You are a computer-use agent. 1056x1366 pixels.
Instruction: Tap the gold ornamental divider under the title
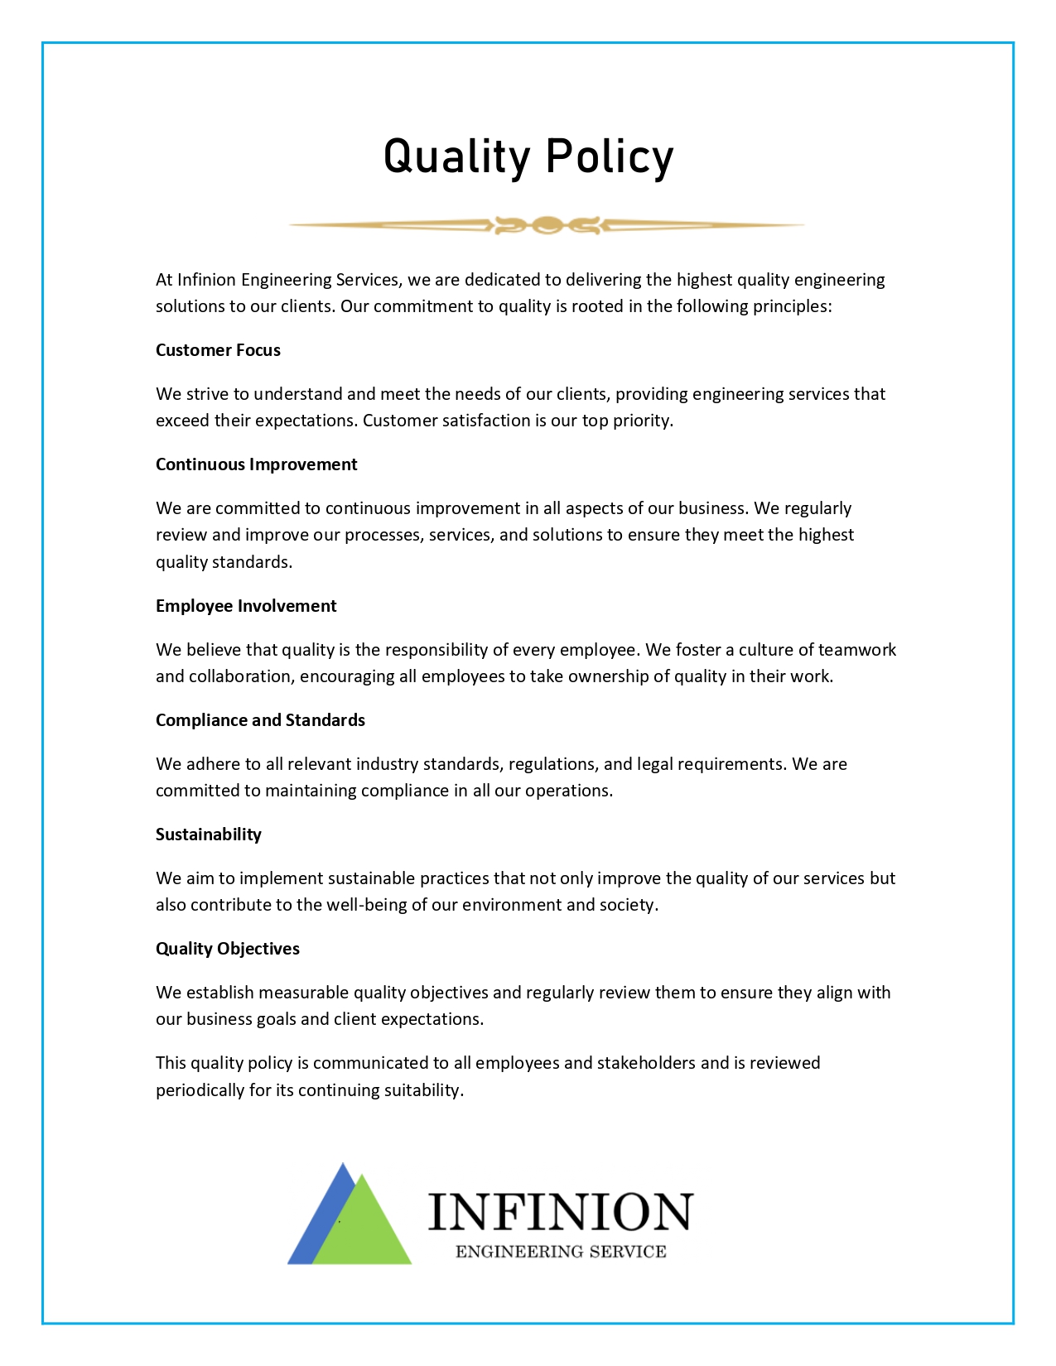pos(547,224)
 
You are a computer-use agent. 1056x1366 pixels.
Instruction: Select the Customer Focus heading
pos(218,350)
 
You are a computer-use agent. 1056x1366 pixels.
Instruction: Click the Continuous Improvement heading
pos(256,464)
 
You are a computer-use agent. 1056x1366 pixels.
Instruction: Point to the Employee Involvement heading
pos(246,606)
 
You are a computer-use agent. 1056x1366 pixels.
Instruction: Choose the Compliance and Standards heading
pos(260,720)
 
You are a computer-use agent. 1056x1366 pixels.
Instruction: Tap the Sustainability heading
pos(209,835)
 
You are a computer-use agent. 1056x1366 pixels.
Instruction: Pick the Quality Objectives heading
pos(228,949)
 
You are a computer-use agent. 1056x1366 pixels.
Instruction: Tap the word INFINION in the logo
pos(560,1213)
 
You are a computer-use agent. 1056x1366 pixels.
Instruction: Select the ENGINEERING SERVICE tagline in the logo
pos(561,1252)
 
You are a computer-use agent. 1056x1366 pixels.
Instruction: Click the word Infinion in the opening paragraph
pos(206,280)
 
